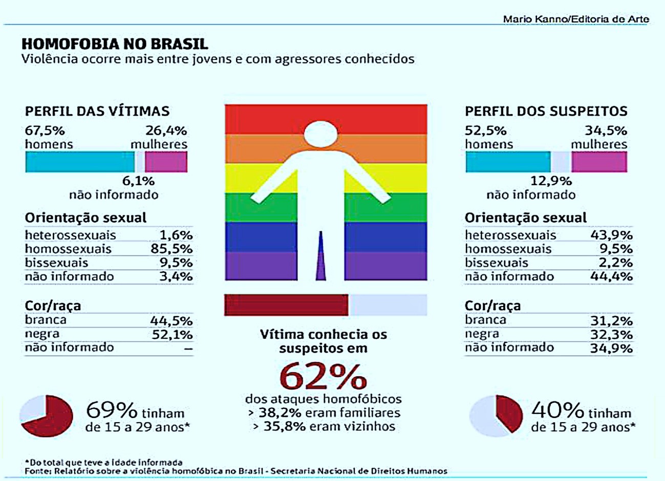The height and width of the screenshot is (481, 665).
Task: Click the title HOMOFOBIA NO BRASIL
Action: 115,43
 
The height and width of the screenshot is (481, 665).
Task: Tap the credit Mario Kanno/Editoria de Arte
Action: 575,19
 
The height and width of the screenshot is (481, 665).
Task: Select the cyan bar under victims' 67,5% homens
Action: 79,162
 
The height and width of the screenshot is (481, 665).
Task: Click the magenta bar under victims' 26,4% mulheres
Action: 166,162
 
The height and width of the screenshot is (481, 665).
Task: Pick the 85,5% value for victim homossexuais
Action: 175,249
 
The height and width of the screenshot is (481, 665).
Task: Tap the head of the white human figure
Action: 321,135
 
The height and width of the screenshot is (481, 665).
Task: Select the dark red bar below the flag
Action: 286,305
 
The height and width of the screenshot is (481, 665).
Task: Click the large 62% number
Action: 323,377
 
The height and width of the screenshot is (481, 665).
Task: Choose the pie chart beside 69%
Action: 46,416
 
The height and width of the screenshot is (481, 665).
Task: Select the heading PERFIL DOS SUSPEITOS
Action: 546,111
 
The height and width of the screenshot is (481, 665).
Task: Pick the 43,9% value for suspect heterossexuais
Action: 612,235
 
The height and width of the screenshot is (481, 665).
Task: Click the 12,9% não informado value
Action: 550,181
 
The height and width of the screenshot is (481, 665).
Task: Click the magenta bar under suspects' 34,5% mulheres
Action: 598,162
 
